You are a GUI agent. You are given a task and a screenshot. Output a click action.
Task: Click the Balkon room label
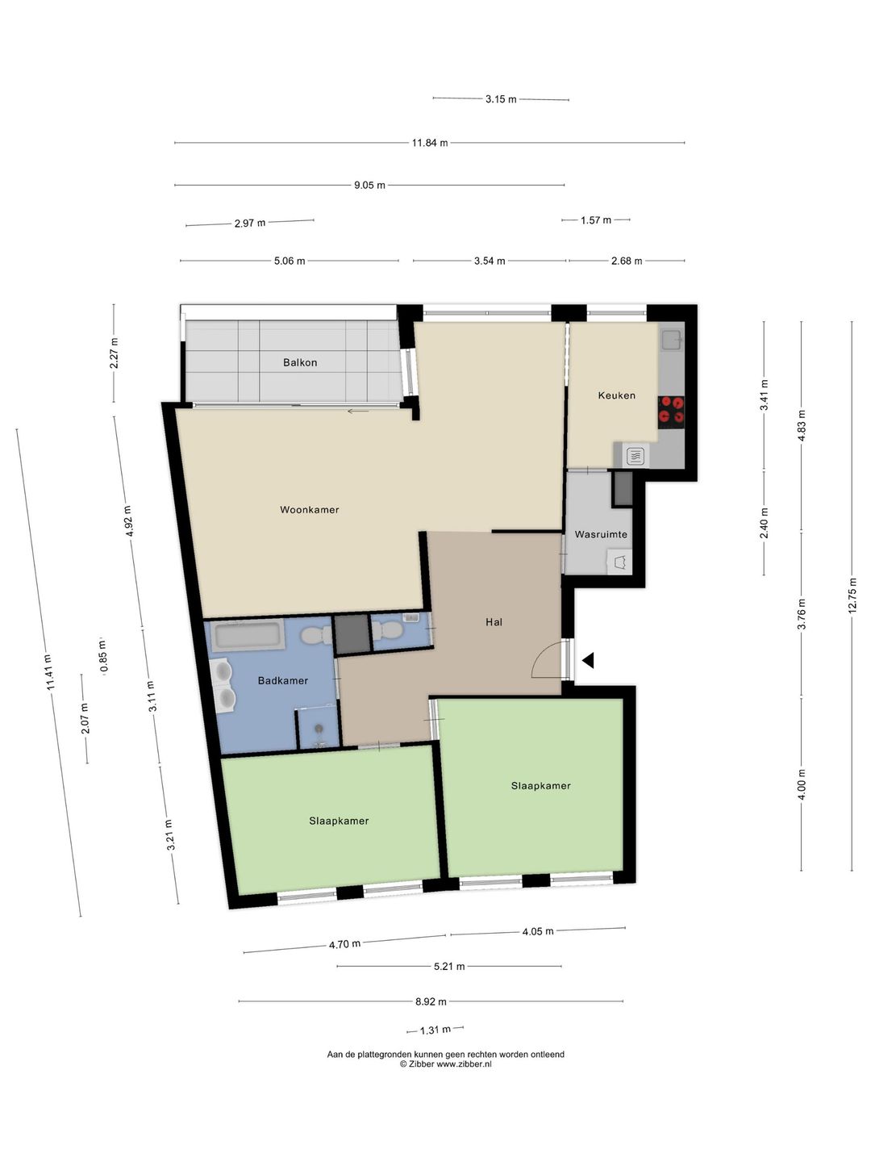tap(300, 362)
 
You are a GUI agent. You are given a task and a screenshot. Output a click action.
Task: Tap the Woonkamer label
tap(310, 510)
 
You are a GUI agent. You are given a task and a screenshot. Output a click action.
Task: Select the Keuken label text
tap(617, 395)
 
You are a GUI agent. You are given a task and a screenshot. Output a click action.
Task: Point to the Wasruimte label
tap(601, 535)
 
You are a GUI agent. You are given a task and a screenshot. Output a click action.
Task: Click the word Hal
tap(494, 622)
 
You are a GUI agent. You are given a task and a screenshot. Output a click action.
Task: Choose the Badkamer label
tap(283, 681)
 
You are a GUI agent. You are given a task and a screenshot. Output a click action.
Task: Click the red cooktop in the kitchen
tap(671, 412)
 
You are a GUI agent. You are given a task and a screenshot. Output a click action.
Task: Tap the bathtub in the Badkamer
tap(248, 635)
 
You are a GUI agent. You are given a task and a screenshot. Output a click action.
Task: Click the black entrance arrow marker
tap(588, 660)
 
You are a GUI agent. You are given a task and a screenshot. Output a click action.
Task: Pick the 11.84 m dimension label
tap(430, 143)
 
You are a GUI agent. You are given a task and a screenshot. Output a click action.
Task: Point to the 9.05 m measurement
tap(369, 186)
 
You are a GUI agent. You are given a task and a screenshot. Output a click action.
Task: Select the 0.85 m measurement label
tap(102, 656)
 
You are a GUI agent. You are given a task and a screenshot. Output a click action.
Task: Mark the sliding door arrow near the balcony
tap(358, 411)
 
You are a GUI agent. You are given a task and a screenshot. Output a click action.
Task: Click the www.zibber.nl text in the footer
tap(463, 1064)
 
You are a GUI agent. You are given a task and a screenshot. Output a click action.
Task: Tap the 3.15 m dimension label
tap(501, 99)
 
